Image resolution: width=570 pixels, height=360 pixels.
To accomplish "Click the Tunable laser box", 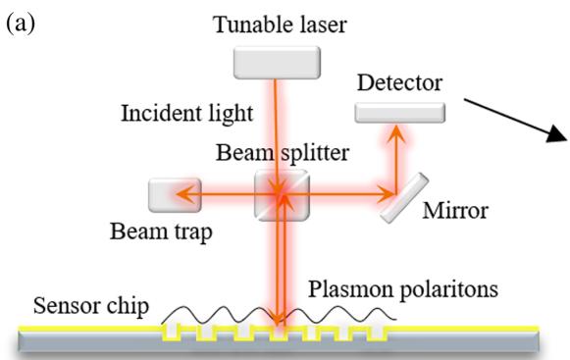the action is pos(277,63).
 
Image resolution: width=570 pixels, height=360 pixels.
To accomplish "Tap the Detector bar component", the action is pos(400,113).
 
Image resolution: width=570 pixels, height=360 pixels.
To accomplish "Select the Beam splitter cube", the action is pos(283,195).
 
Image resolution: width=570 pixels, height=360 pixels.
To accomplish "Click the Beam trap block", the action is pos(175,195).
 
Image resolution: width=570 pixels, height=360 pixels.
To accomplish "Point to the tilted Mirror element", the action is pos(404,197).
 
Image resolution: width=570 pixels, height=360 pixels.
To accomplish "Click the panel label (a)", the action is pos(21,24).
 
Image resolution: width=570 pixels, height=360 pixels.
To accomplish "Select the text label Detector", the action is pos(399,83).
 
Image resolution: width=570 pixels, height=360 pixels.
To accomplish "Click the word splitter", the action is pos(315,153).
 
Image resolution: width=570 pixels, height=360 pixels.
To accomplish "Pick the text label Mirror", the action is pos(455,211).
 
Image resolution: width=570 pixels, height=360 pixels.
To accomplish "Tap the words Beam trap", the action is pos(161,231).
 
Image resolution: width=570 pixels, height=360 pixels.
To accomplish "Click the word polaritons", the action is pos(449,289).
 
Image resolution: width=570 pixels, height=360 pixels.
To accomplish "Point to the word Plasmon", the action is pos(351,289).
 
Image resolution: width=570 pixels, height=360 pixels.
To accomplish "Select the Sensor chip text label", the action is pos(91,306).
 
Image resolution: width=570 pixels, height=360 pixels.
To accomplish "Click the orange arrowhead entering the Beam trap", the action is pos(184,194).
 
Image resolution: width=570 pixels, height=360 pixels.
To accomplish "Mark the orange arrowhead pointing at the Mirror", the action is pos(386,194).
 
